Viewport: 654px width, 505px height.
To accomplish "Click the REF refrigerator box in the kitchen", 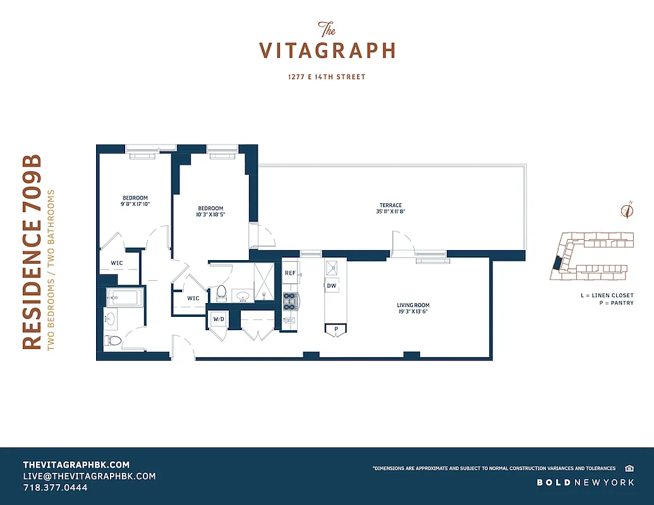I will pyautogui.click(x=291, y=273).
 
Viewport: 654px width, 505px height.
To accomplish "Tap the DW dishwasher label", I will pyautogui.click(x=332, y=286).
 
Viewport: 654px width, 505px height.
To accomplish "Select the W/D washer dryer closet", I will pyautogui.click(x=219, y=319).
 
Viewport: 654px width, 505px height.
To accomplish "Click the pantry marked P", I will pyautogui.click(x=336, y=329).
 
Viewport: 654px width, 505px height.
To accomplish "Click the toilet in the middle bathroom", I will pyautogui.click(x=221, y=292).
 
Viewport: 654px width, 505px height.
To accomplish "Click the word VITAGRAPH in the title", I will pyautogui.click(x=327, y=50).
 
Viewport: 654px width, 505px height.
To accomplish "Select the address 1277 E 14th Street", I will pyautogui.click(x=327, y=77).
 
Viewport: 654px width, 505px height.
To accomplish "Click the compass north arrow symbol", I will pyautogui.click(x=627, y=211).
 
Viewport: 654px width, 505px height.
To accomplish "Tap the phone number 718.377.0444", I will pyautogui.click(x=55, y=488).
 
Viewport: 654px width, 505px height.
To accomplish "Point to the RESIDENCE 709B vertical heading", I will pyautogui.click(x=32, y=251).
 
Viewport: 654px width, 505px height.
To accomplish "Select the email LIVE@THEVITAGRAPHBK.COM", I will pyautogui.click(x=89, y=476).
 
